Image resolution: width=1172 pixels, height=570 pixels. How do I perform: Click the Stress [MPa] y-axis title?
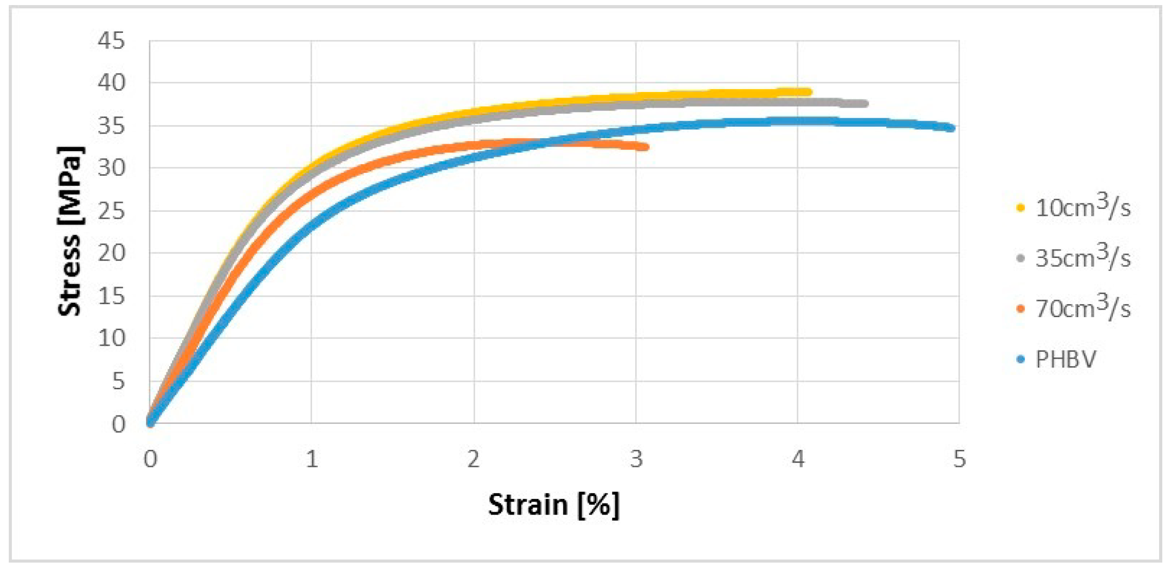click(70, 231)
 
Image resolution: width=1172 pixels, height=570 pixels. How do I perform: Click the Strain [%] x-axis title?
click(553, 504)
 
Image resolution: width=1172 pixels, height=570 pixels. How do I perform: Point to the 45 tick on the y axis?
click(111, 41)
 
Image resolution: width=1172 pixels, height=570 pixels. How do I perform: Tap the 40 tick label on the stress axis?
click(111, 83)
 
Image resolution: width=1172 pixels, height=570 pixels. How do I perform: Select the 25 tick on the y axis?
click(111, 211)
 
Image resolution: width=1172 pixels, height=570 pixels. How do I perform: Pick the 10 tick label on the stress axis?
click(111, 339)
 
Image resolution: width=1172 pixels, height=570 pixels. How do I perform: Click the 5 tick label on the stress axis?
click(118, 381)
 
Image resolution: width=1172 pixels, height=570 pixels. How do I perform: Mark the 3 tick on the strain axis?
click(636, 459)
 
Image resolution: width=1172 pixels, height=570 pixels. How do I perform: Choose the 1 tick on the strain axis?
click(312, 459)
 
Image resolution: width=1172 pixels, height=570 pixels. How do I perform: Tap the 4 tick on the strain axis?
click(798, 459)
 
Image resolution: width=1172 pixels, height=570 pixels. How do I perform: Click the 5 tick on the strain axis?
click(960, 459)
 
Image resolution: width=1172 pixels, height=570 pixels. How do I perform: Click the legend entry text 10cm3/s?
click(1083, 207)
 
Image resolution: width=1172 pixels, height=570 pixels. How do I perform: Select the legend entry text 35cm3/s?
click(1083, 257)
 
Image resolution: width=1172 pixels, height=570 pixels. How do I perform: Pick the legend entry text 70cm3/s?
click(1083, 307)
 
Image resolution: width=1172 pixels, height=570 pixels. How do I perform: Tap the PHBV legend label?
click(1066, 359)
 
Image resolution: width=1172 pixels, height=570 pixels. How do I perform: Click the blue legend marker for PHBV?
click(1021, 359)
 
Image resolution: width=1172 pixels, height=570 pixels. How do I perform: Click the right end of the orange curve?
click(646, 147)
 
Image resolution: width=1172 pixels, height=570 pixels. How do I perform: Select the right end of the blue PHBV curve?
click(951, 128)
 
